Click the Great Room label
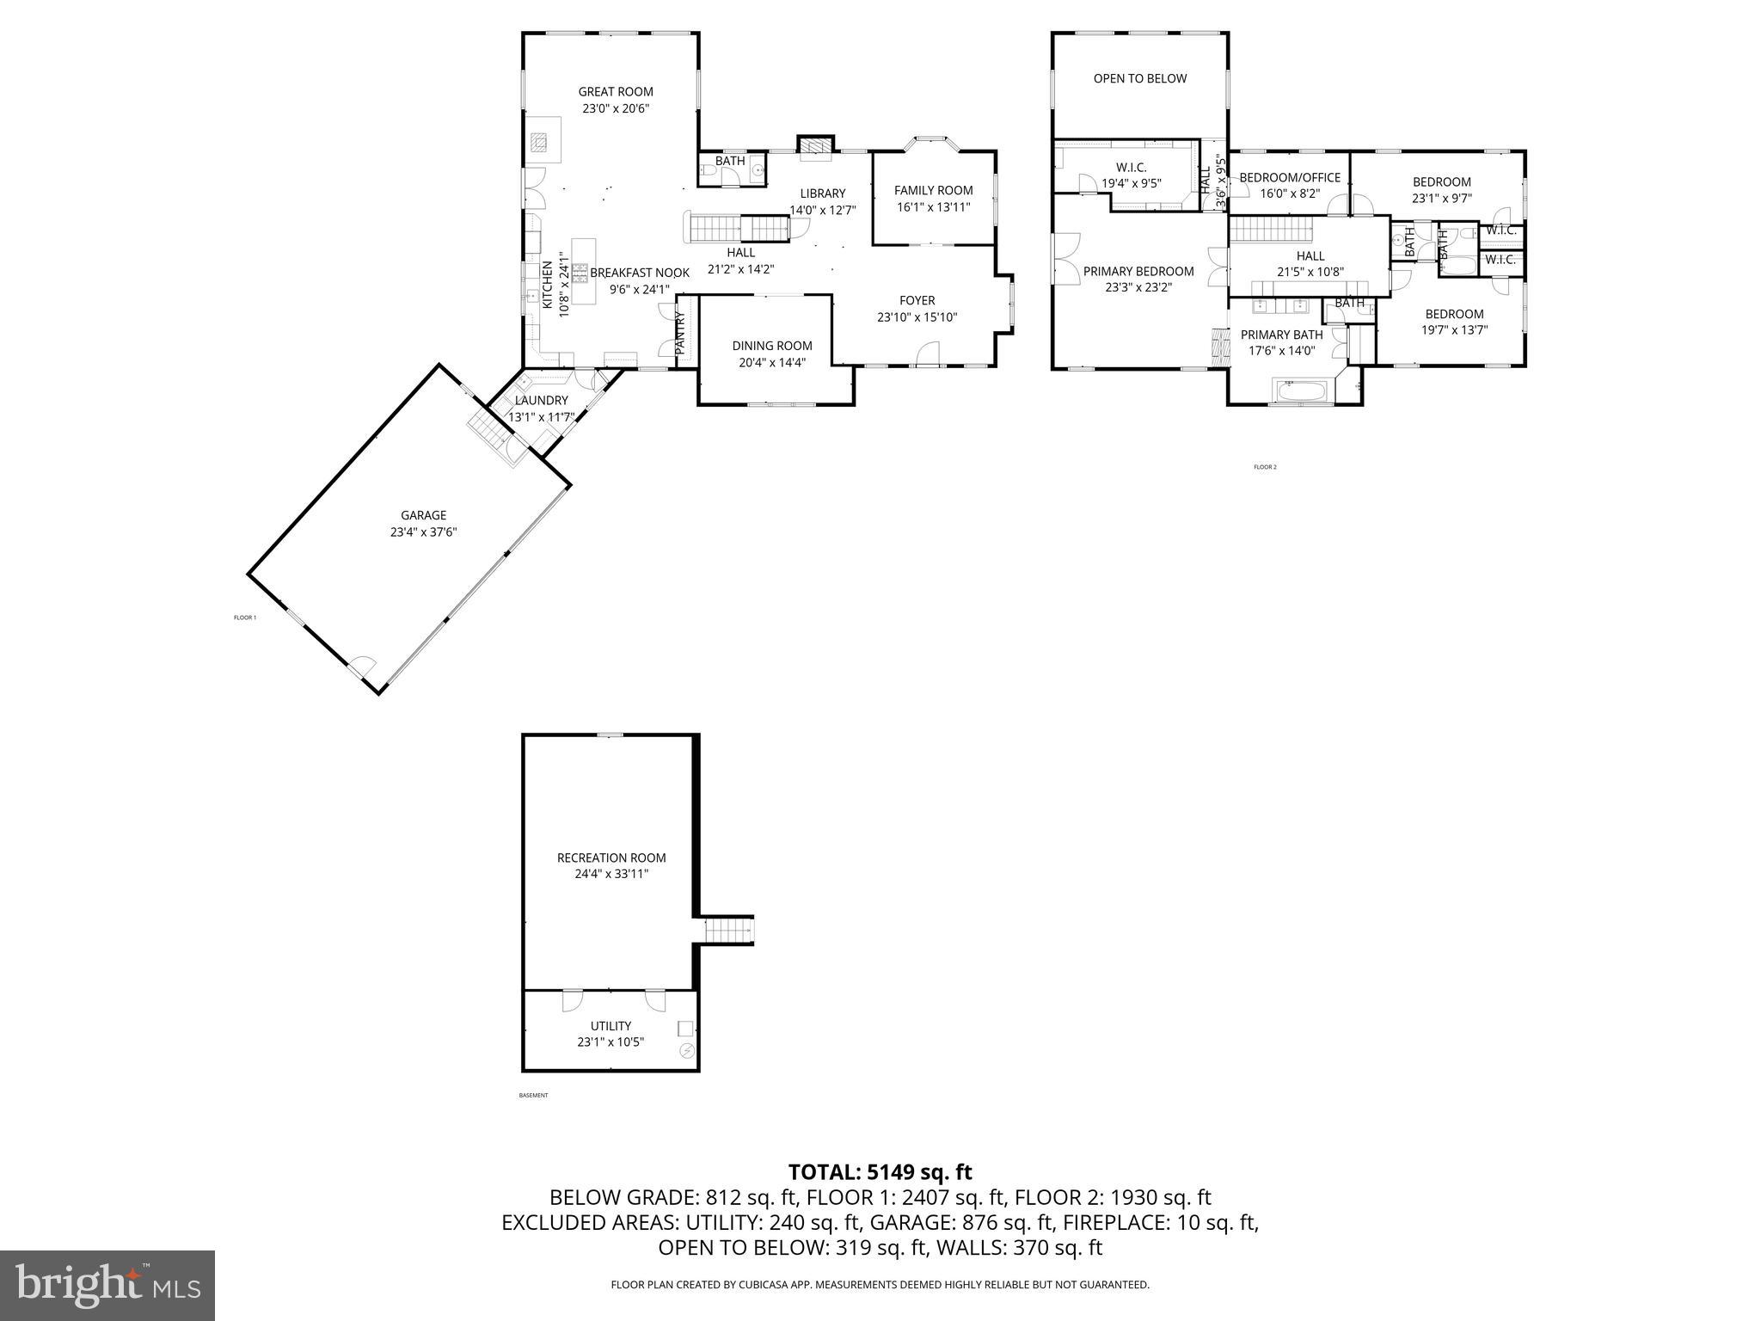[x=615, y=91]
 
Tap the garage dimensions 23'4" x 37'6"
[x=423, y=532]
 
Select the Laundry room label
[x=542, y=400]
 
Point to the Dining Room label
[x=771, y=346]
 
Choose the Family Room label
[x=933, y=190]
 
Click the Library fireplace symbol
[x=815, y=147]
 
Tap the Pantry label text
[x=680, y=333]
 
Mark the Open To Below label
[x=1139, y=78]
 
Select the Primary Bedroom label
[x=1138, y=271]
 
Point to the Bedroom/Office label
[x=1289, y=178]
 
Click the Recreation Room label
[x=611, y=857]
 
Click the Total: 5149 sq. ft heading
[x=880, y=1171]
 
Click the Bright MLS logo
[x=107, y=1285]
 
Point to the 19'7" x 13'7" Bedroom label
[x=1454, y=314]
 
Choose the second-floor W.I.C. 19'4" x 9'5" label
[x=1131, y=168]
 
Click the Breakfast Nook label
[x=639, y=273]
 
